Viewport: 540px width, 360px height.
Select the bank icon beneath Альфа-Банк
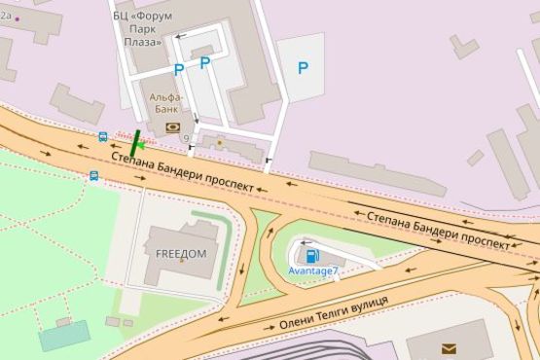pos(173,126)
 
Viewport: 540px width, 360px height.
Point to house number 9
pos(185,138)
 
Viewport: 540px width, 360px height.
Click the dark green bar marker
pos(136,142)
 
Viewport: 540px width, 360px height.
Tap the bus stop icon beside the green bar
pos(103,137)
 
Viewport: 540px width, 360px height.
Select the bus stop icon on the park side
pos(94,176)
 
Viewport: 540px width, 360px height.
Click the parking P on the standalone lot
pos(303,68)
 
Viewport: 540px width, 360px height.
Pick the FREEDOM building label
pos(181,254)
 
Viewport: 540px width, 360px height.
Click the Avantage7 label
pos(313,270)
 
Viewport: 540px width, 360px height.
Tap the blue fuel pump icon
pos(312,257)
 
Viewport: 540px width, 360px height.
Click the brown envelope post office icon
pos(448,348)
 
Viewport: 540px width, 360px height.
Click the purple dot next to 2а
pos(17,18)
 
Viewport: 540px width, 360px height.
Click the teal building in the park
pos(64,335)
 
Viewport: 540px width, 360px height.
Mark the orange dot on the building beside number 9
pos(220,143)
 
